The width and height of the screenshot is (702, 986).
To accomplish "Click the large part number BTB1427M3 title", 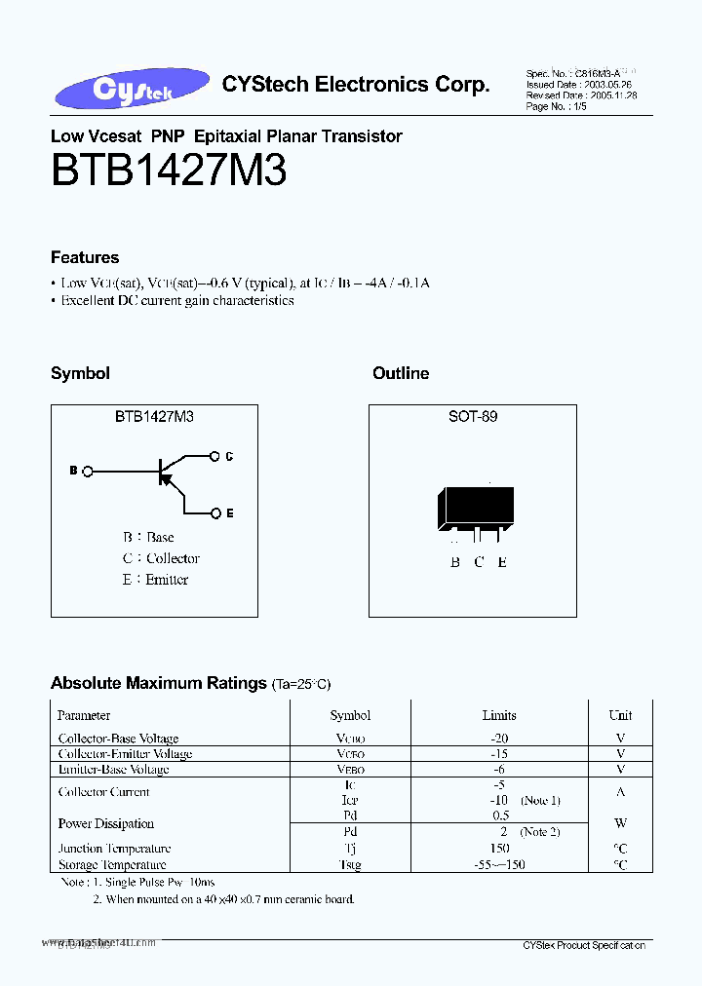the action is click(x=168, y=171).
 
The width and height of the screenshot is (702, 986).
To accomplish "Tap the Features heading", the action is click(x=85, y=257).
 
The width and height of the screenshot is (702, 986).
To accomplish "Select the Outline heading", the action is click(x=401, y=373).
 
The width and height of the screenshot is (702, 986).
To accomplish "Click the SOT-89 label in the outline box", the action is click(x=473, y=416).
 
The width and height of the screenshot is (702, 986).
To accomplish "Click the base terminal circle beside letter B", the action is click(x=89, y=472).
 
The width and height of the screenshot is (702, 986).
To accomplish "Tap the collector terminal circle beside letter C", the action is click(x=214, y=455).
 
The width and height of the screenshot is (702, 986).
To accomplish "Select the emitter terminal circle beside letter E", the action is click(x=214, y=512).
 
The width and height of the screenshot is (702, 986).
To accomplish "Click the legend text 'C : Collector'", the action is click(x=161, y=558).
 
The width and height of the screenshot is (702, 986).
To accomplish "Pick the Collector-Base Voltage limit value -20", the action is click(x=499, y=739).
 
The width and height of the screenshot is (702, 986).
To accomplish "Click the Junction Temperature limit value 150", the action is click(x=499, y=849).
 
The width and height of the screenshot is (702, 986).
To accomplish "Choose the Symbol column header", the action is click(x=350, y=715).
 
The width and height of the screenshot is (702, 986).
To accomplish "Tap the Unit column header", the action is click(x=620, y=715).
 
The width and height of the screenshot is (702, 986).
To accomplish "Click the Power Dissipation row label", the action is click(x=106, y=823).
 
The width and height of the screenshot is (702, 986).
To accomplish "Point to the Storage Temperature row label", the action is click(x=112, y=864).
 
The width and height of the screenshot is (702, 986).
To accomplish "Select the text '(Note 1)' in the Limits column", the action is click(x=540, y=800).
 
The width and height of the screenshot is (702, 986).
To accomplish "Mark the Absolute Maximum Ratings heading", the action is click(x=158, y=683).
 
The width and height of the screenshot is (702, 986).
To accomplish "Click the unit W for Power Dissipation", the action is click(x=620, y=823).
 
